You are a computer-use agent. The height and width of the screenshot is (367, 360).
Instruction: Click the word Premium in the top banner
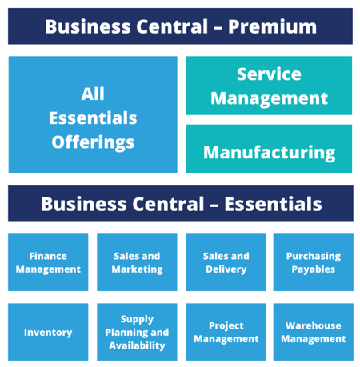click(272, 27)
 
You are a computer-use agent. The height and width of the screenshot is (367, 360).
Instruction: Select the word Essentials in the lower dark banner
click(273, 205)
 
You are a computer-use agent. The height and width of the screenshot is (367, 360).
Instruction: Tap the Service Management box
click(269, 86)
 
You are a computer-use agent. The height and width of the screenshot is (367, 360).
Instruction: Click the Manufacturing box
click(269, 149)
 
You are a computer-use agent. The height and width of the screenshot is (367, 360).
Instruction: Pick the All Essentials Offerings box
click(93, 114)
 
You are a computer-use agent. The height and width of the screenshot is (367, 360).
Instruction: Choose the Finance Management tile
click(48, 262)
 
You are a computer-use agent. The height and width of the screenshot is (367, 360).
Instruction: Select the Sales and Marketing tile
click(137, 262)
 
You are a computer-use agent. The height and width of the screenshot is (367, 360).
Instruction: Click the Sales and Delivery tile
click(226, 262)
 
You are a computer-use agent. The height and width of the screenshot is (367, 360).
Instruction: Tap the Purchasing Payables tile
click(314, 262)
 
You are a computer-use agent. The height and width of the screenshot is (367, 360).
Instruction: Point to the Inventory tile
click(48, 332)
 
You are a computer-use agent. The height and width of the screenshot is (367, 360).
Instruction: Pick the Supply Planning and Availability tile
click(137, 332)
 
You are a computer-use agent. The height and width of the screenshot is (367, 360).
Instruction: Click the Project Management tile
click(226, 332)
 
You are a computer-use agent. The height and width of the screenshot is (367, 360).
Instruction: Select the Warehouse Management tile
click(314, 332)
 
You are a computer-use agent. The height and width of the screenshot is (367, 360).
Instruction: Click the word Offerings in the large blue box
click(93, 142)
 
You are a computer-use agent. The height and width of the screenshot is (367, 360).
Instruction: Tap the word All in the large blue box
click(93, 94)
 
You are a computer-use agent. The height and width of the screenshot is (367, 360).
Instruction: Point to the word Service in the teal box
click(269, 74)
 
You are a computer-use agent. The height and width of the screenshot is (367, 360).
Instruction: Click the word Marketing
click(137, 269)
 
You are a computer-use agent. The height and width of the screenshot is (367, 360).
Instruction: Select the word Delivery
click(226, 269)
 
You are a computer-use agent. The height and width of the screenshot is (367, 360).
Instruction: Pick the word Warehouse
click(314, 325)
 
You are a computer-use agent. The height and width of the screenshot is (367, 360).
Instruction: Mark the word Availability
click(137, 345)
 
